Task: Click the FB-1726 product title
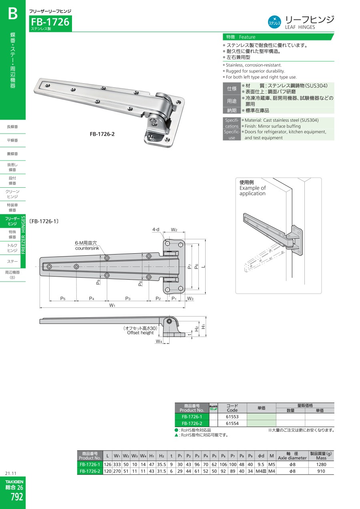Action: click(50, 22)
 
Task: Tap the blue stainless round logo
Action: click(274, 22)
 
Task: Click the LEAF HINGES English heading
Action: click(300, 27)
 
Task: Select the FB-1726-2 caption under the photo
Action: click(102, 134)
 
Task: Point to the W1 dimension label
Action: click(112, 305)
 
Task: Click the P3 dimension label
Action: click(128, 299)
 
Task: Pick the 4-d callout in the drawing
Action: click(156, 230)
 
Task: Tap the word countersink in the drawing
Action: click(87, 248)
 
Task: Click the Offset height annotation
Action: click(140, 333)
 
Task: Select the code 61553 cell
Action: click(232, 417)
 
